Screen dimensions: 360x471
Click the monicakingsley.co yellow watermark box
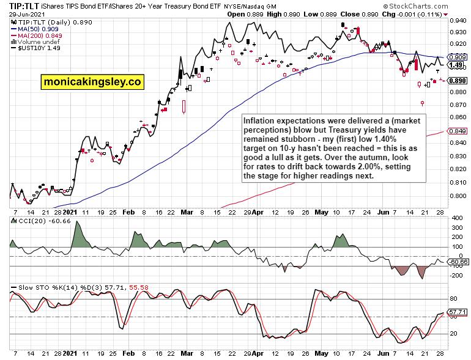point(92,81)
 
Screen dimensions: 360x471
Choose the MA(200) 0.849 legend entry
point(39,35)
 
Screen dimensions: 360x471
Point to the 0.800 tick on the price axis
point(457,196)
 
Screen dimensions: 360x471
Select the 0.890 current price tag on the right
point(458,80)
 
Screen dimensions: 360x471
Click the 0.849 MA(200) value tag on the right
point(458,131)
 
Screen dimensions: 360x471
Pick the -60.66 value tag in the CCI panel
point(458,262)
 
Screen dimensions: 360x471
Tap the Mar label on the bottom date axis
point(187,353)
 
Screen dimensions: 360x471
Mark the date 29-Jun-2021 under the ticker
point(24,14)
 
